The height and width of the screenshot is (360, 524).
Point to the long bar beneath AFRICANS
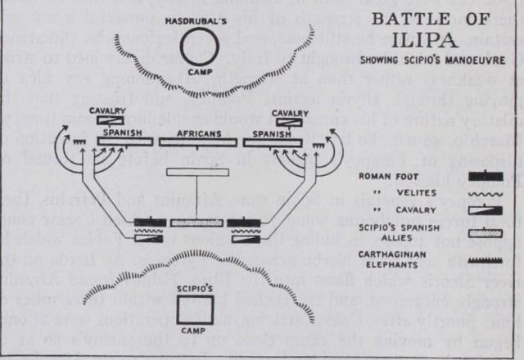(197, 142)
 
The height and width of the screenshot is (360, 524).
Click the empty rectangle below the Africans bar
(197, 172)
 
